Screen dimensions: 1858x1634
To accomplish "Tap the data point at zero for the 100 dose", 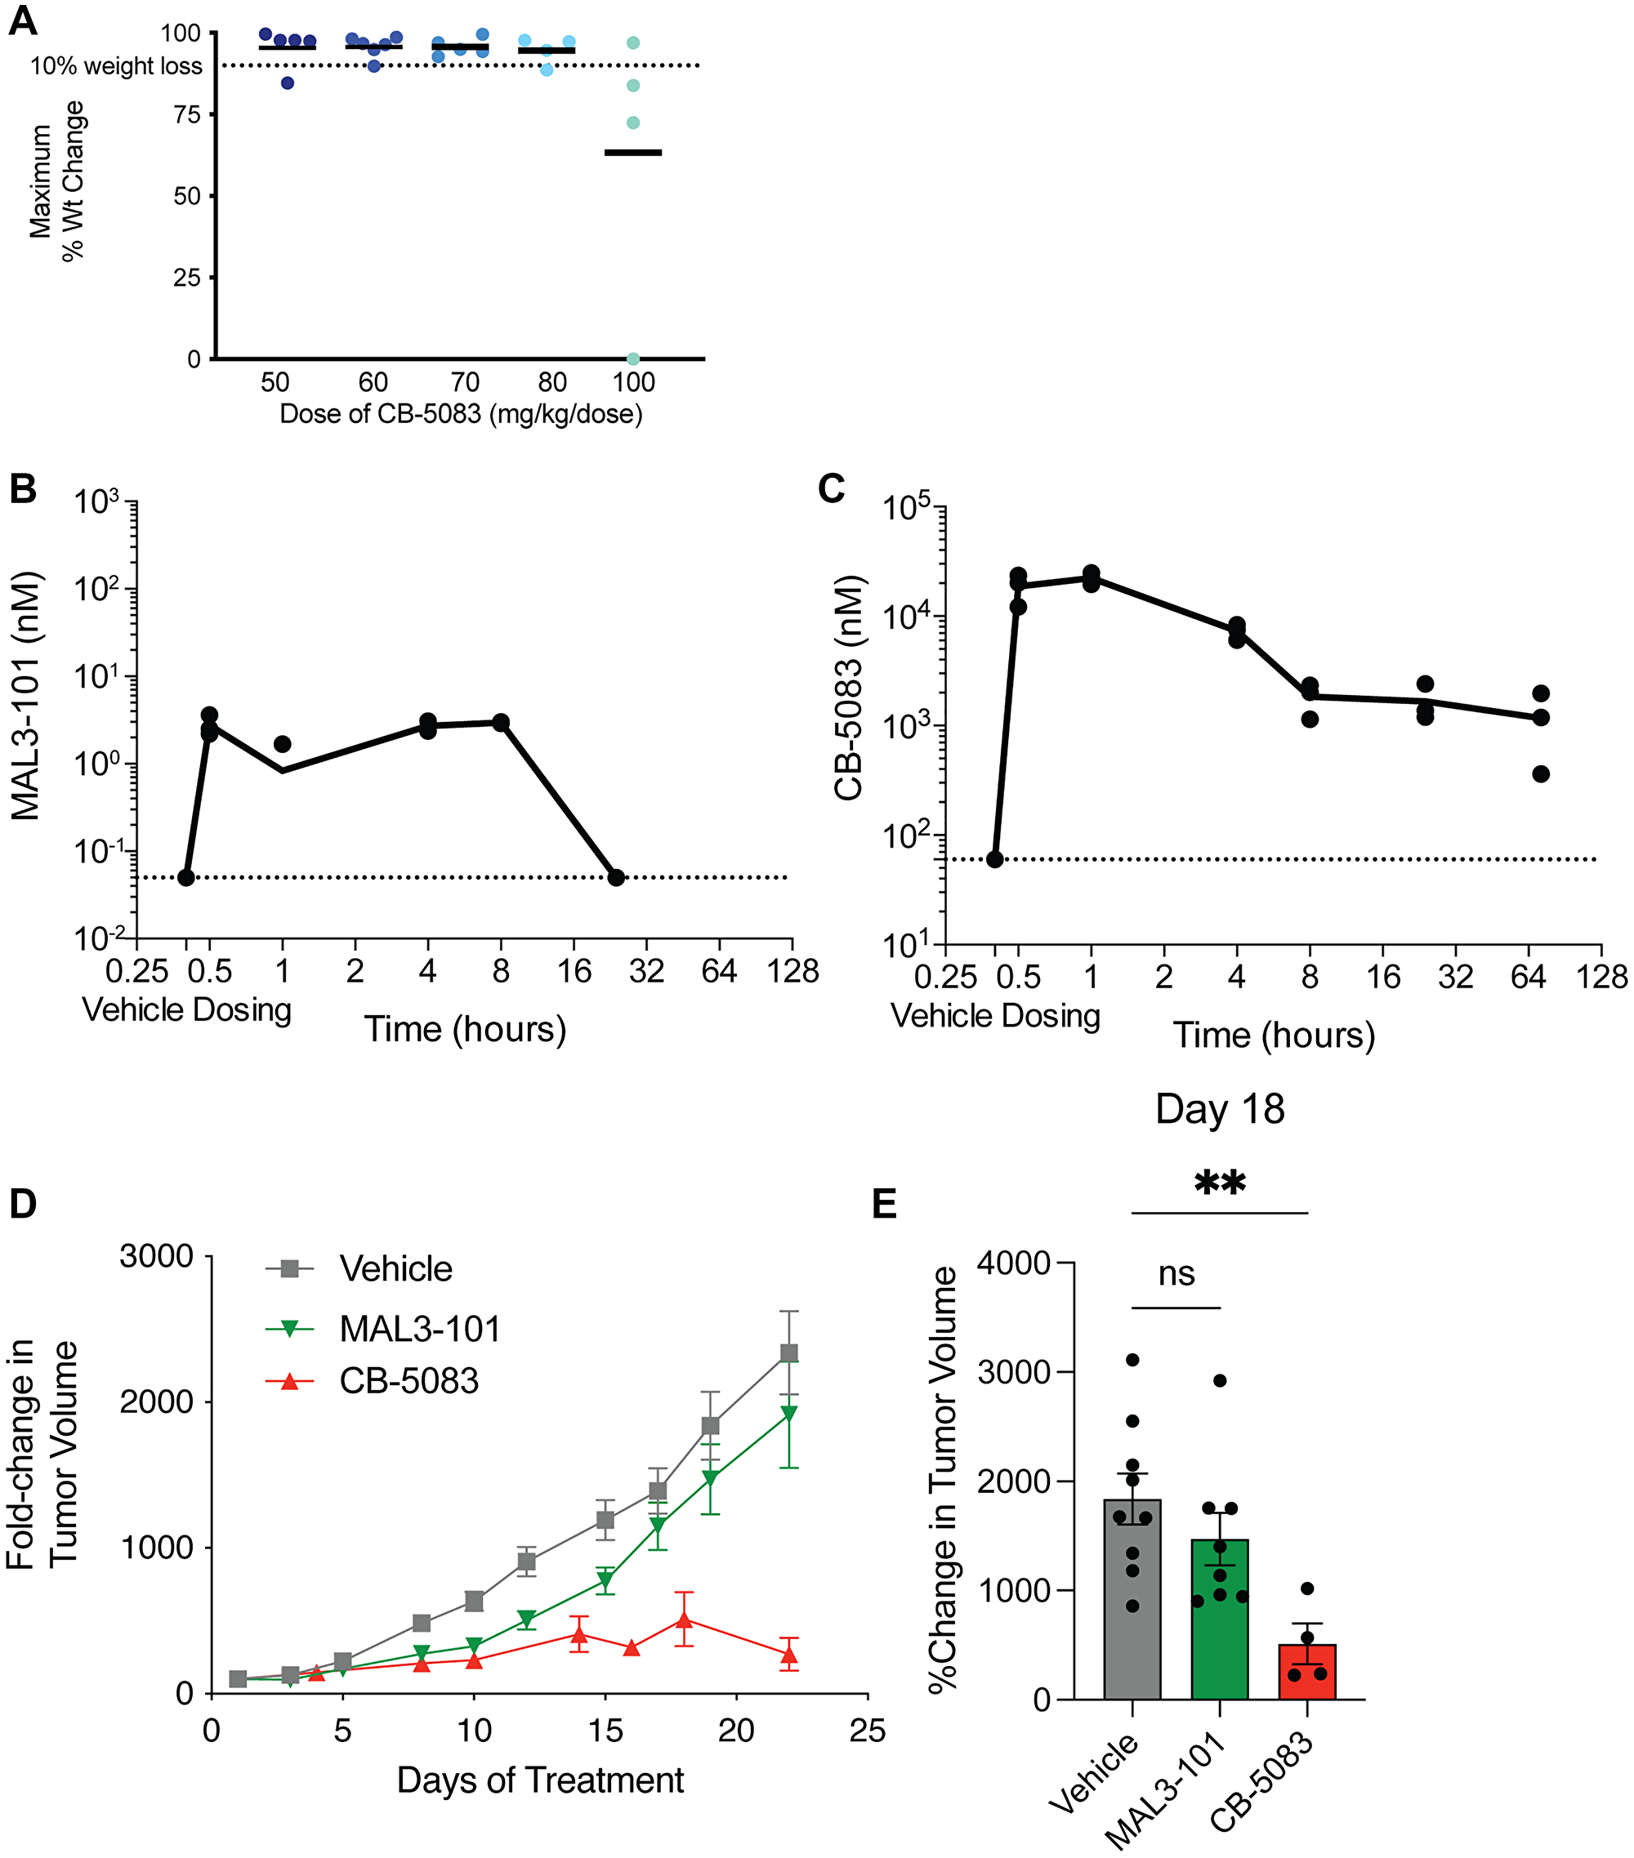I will tap(633, 359).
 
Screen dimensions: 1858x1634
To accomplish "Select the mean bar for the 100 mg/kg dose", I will tap(633, 153).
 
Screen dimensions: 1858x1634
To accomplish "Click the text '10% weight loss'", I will tap(116, 66).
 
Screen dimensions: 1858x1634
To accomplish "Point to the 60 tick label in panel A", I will tap(373, 381).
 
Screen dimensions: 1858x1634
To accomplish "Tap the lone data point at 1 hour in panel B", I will tap(283, 743).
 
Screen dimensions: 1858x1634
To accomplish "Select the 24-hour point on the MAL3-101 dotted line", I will tap(617, 877).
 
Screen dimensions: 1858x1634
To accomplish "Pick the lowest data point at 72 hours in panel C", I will tap(1540, 774).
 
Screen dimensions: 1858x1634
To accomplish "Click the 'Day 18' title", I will tap(1219, 1110).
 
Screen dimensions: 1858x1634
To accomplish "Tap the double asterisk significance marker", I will tap(1219, 1183).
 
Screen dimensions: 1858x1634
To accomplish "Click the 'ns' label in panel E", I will tap(1176, 1274).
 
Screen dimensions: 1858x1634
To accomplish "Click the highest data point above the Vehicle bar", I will tap(1132, 1360).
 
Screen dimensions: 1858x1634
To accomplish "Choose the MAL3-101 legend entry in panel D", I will tap(418, 1329).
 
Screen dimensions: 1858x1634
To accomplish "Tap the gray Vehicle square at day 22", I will tap(789, 1353).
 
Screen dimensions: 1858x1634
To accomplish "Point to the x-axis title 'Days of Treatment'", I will tap(540, 1780).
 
